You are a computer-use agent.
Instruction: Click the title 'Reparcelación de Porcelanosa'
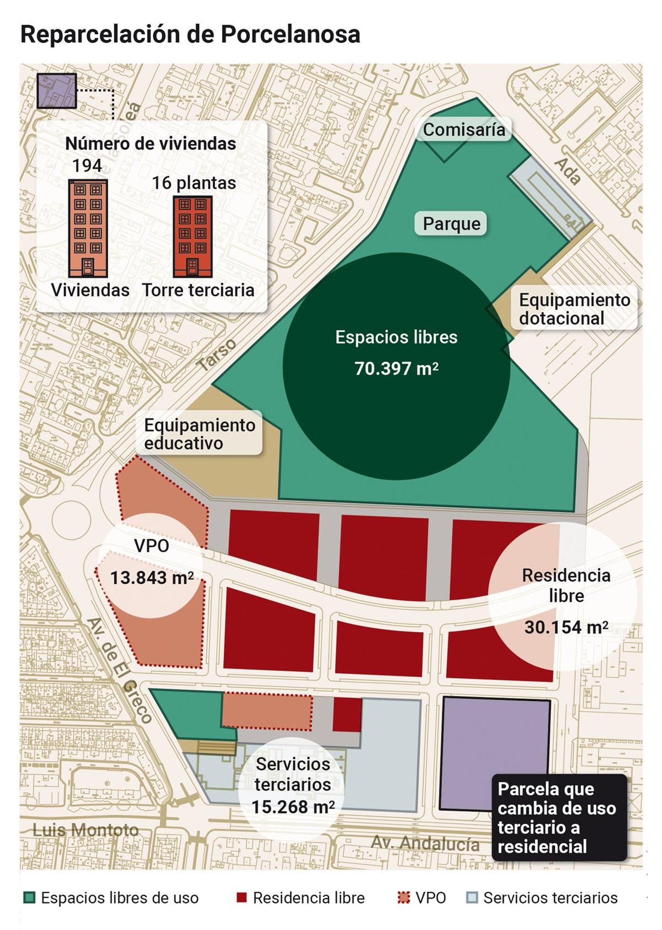pyautogui.click(x=190, y=34)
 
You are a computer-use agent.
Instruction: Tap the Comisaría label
pyautogui.click(x=463, y=130)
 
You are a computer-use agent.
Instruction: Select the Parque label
pyautogui.click(x=451, y=224)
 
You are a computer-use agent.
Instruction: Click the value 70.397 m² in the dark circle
pyautogui.click(x=396, y=368)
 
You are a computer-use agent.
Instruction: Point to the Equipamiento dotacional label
pyautogui.click(x=574, y=309)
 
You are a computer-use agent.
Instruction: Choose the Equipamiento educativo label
pyautogui.click(x=199, y=434)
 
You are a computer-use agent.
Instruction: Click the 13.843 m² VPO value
pyautogui.click(x=151, y=578)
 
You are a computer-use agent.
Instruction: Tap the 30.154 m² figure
pyautogui.click(x=566, y=627)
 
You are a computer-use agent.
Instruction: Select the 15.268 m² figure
pyautogui.click(x=293, y=806)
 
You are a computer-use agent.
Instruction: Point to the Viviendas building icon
pyautogui.click(x=88, y=228)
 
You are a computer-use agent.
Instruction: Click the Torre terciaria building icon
pyautogui.click(x=192, y=237)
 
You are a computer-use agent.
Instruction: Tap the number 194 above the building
pyautogui.click(x=87, y=166)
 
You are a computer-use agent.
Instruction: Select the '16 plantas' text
pyautogui.click(x=194, y=183)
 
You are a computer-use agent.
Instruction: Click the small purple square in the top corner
pyautogui.click(x=57, y=91)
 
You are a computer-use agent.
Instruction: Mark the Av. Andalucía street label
pyautogui.click(x=425, y=843)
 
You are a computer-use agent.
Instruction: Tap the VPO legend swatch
pyautogui.click(x=403, y=898)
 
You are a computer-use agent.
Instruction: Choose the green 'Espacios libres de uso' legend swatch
pyautogui.click(x=29, y=898)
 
